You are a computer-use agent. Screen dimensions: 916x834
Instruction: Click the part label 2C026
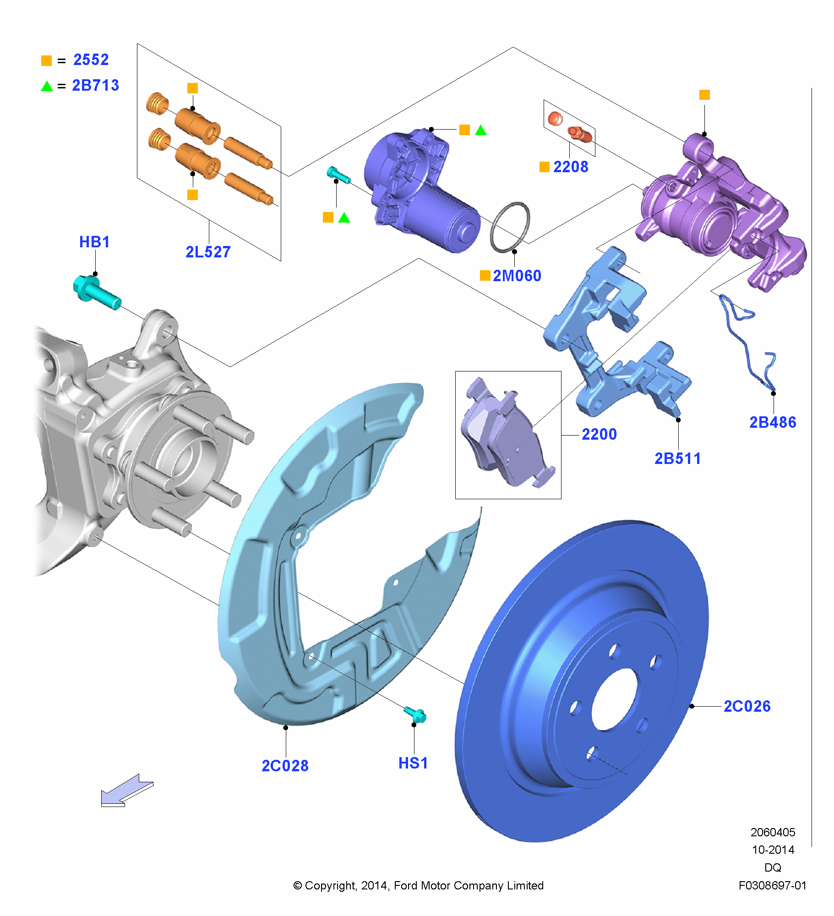click(x=747, y=706)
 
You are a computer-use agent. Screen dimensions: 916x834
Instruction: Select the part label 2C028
click(x=285, y=765)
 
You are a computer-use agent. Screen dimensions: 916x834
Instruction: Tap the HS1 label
click(x=413, y=763)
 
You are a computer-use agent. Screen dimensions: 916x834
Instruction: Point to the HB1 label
click(x=94, y=242)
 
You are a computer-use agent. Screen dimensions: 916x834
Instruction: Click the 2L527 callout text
click(x=208, y=252)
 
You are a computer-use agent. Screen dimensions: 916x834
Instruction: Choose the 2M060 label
click(x=517, y=276)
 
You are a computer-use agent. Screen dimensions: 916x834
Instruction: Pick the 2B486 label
click(x=773, y=422)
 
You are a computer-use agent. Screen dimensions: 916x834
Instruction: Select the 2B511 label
click(x=677, y=458)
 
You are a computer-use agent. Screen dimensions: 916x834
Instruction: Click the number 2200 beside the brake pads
click(x=599, y=434)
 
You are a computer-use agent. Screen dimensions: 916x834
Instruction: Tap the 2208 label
click(x=571, y=167)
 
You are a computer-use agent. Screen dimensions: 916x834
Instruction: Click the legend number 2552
click(x=91, y=60)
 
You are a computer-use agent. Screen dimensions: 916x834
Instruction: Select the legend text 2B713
click(x=95, y=86)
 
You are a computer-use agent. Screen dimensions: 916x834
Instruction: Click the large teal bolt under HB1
click(x=96, y=293)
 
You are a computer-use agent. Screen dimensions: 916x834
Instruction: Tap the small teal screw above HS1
click(x=415, y=714)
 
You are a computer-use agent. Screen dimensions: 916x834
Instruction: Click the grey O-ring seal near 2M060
click(x=510, y=227)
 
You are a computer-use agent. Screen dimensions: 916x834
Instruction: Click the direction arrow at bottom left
click(x=126, y=791)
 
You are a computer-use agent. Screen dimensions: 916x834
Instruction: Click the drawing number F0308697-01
click(x=772, y=886)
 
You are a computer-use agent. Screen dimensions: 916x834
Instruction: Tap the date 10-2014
click(x=773, y=850)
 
